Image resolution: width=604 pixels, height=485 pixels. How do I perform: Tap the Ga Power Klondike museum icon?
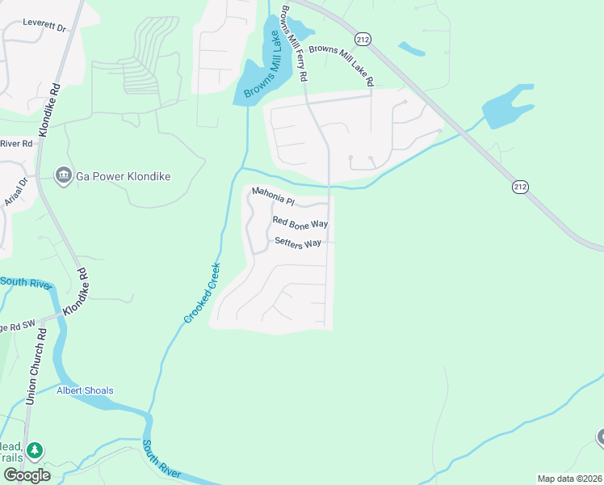click(63, 175)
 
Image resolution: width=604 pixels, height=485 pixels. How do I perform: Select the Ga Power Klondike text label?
click(123, 175)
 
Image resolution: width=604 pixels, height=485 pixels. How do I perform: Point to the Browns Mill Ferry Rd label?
click(295, 44)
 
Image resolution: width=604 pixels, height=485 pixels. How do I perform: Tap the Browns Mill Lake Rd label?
click(342, 65)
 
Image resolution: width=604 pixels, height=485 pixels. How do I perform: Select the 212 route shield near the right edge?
click(520, 187)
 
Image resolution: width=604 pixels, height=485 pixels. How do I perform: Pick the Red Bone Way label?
click(300, 221)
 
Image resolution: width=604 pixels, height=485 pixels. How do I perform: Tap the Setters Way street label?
click(298, 242)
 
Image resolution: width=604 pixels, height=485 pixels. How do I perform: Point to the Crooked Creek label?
click(203, 292)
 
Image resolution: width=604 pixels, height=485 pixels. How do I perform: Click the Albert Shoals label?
click(85, 390)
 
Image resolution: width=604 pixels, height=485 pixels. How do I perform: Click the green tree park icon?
click(33, 449)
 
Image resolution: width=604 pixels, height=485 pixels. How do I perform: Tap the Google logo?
click(26, 475)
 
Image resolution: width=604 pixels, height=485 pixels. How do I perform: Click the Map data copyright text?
click(568, 479)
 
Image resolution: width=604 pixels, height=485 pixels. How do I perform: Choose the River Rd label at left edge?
click(15, 143)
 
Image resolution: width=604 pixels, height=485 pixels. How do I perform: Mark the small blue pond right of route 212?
click(412, 48)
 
